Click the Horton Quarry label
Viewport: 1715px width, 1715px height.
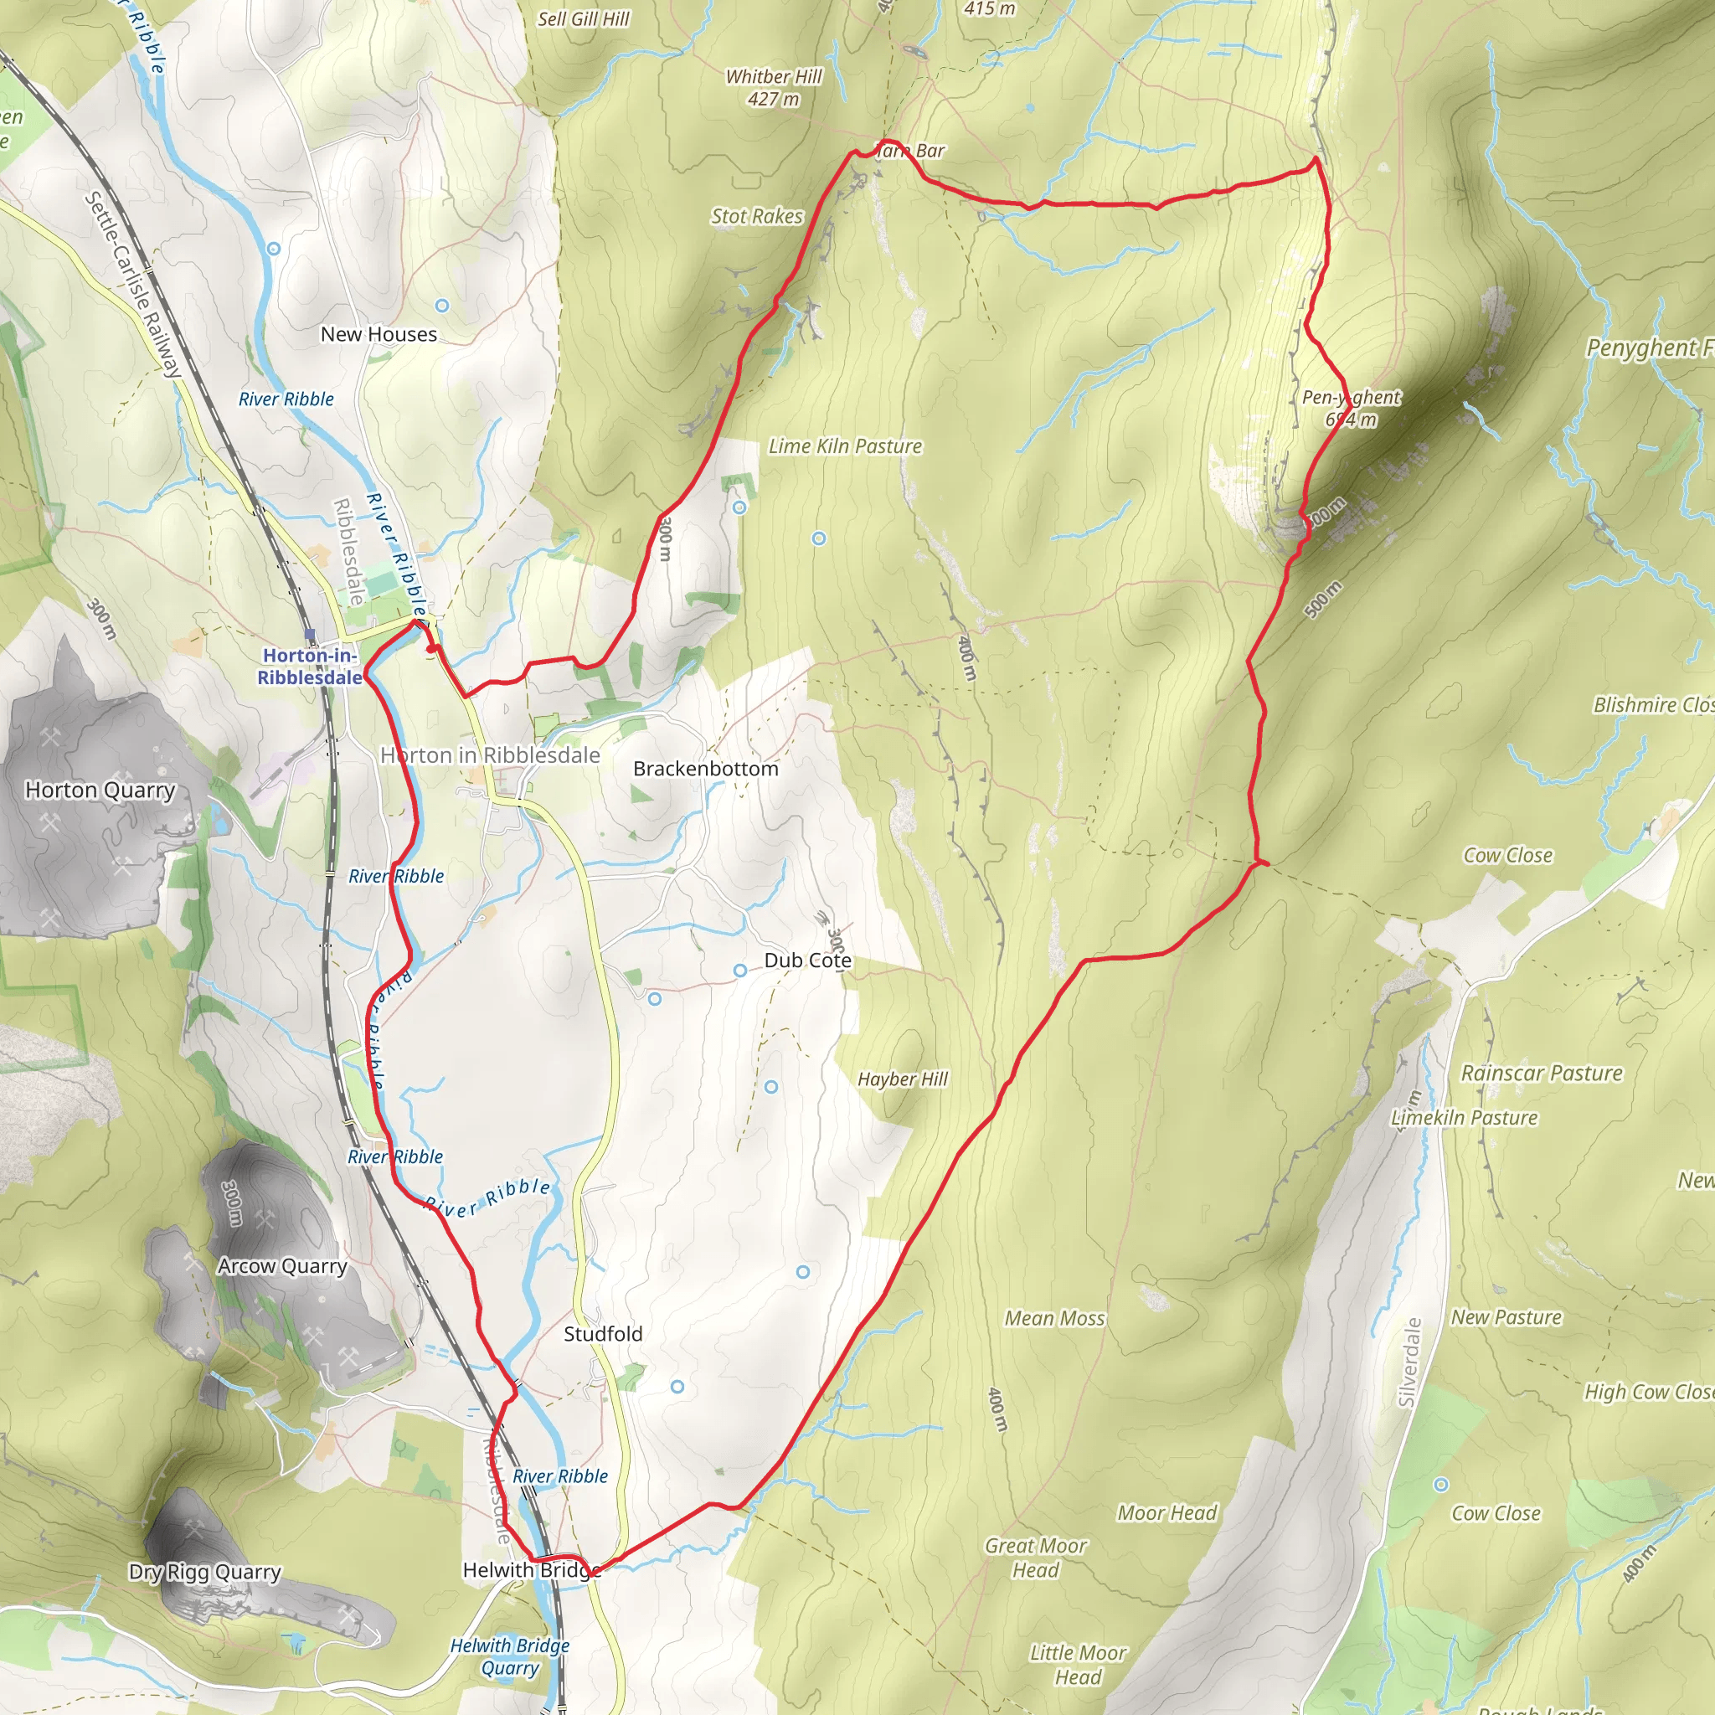coord(100,790)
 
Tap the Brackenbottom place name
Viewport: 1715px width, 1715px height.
coord(706,769)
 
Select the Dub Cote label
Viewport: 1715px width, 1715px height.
coord(807,961)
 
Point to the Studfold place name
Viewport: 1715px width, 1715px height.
coord(603,1333)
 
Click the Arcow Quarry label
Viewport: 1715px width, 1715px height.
coord(282,1266)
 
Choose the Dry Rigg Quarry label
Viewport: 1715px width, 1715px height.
coord(204,1571)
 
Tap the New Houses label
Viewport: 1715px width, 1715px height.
coord(379,335)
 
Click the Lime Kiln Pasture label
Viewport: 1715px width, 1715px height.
coord(845,446)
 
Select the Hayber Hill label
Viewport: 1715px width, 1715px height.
coord(903,1079)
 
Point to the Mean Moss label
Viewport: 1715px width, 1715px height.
coord(1054,1318)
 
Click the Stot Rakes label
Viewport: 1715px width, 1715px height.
coord(756,217)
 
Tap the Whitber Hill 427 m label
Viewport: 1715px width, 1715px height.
coord(774,88)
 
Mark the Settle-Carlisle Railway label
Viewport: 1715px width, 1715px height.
coord(133,284)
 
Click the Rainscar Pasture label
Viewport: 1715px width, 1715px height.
coord(1541,1074)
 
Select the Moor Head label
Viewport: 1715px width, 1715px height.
coord(1167,1512)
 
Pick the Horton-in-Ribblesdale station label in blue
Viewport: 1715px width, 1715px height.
coord(310,667)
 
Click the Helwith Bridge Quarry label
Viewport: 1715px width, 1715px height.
coord(509,1656)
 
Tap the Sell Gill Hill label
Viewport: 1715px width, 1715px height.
coord(583,19)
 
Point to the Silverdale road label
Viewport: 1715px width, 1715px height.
coord(1409,1362)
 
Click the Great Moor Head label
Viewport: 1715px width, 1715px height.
coord(1036,1558)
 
